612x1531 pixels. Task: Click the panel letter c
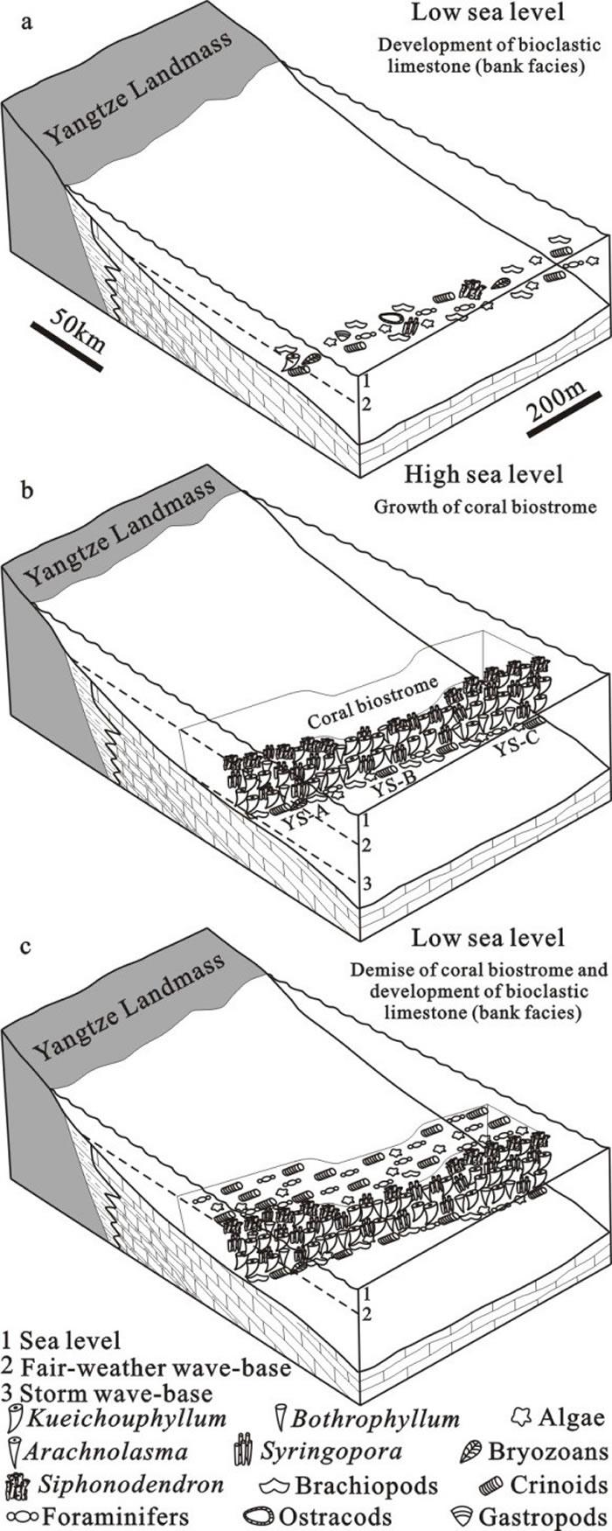[x=30, y=947]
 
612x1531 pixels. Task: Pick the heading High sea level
[x=483, y=475]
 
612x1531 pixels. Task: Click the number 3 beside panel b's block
[x=368, y=883]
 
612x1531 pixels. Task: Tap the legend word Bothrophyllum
[x=377, y=1418]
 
